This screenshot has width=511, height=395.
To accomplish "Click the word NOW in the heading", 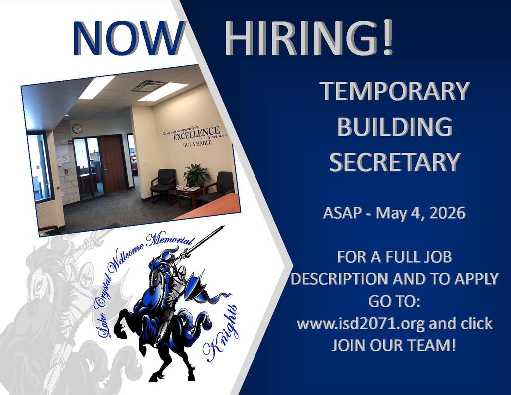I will [126, 39].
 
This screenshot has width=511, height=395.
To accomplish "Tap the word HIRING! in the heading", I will [308, 39].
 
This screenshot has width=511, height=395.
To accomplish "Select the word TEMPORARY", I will [395, 91].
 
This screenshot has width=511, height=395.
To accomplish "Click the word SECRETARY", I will [395, 162].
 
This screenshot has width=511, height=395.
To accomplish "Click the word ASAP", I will [341, 213].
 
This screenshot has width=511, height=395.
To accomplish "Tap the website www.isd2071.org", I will [361, 323].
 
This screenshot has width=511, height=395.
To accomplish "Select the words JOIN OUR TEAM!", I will [394, 345].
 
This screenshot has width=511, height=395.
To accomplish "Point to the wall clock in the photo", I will [77, 129].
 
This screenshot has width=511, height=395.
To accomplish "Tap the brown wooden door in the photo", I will [113, 164].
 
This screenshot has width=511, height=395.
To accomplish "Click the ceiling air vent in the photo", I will [149, 85].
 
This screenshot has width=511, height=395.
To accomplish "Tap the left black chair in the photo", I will [163, 184].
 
